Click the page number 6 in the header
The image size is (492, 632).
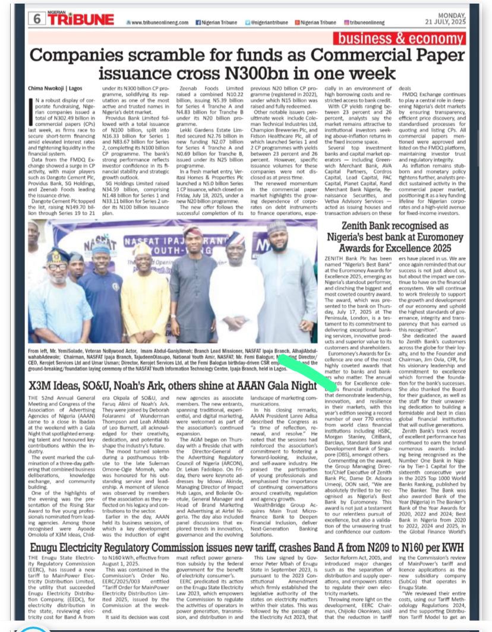pos(37,18)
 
